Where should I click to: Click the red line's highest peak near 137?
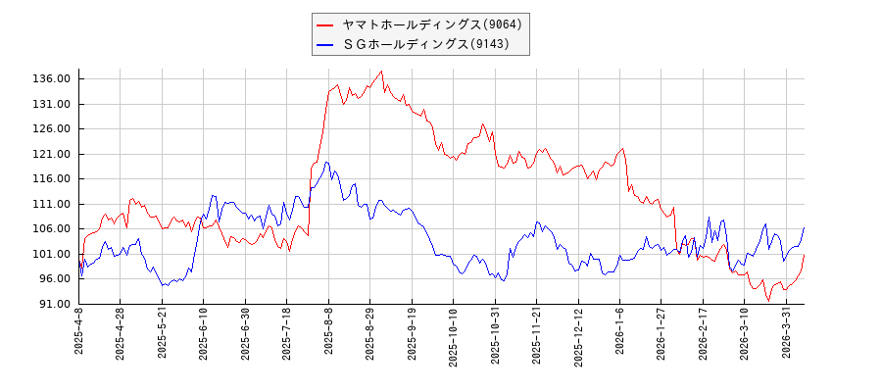[x=381, y=71]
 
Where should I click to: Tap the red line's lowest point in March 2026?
[x=769, y=300]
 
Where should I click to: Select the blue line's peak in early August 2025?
[x=326, y=163]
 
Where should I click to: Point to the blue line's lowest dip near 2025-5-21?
[x=164, y=285]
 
